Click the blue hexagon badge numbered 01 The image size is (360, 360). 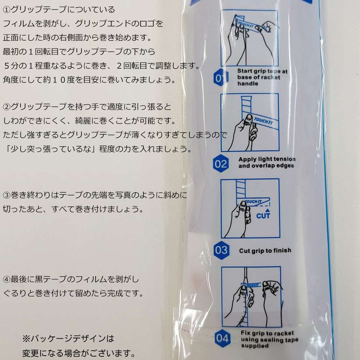click(x=220, y=78)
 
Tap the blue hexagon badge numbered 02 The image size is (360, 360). click(x=220, y=164)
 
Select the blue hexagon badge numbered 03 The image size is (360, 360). click(x=221, y=250)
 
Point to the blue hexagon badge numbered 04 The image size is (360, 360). click(x=222, y=338)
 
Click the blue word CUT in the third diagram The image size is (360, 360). click(x=263, y=216)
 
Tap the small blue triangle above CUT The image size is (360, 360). click(x=267, y=210)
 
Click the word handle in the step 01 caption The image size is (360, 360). click(x=248, y=84)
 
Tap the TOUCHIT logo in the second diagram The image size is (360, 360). click(x=264, y=120)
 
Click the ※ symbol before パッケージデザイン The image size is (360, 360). click(x=26, y=339)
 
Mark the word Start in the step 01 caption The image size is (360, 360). click(x=244, y=71)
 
